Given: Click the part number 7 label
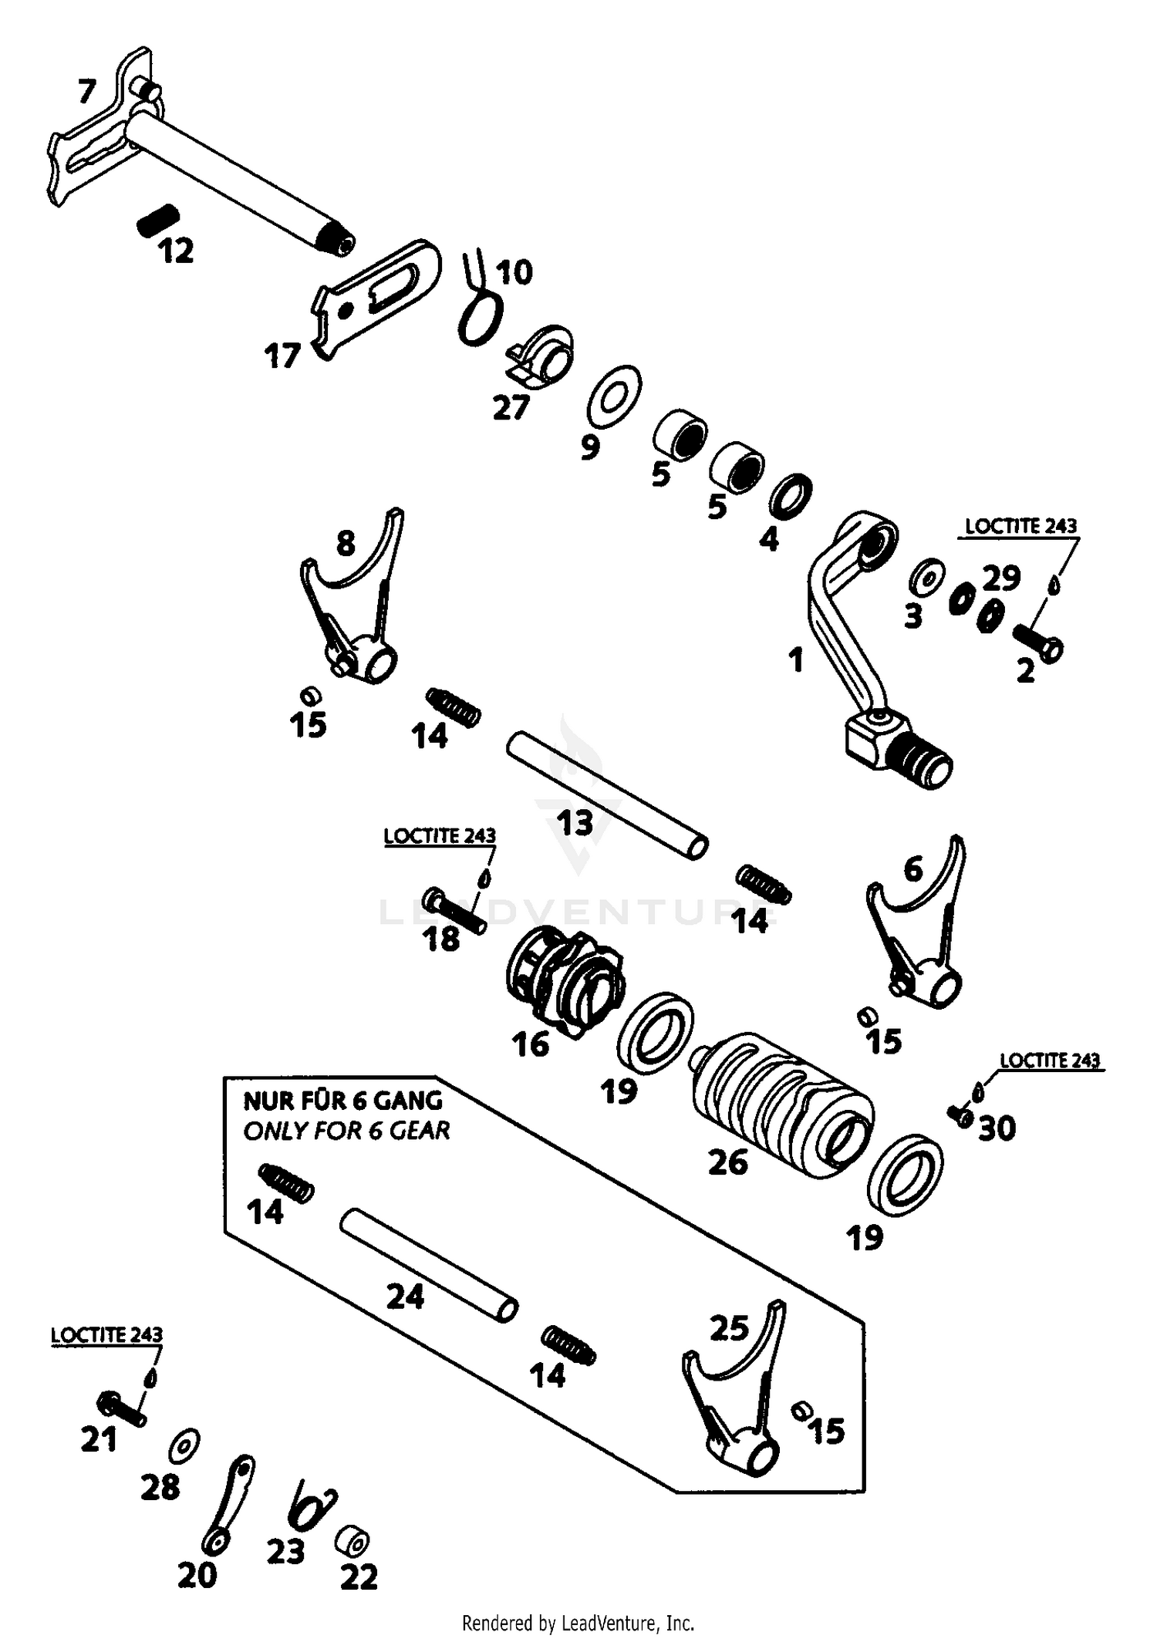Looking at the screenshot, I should click(x=86, y=93).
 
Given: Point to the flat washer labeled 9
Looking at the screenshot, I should click(x=613, y=396).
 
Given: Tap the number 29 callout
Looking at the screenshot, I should click(x=1001, y=577).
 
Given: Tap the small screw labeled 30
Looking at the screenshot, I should click(x=960, y=1115).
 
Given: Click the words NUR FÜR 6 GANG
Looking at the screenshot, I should click(x=342, y=1100).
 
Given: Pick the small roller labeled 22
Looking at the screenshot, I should click(x=353, y=1542).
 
